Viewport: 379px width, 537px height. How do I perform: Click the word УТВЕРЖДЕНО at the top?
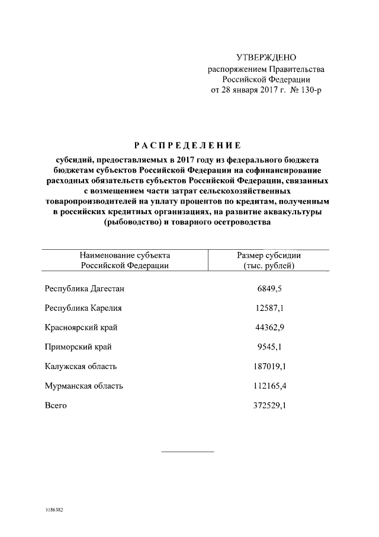tap(265, 58)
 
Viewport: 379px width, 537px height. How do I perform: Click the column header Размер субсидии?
tap(269, 255)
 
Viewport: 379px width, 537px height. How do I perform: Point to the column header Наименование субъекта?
tap(125, 255)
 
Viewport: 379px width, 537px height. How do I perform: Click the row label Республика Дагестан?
tap(85, 288)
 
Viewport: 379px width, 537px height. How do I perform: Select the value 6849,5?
tap(269, 288)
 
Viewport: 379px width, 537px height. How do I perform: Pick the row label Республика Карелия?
tap(83, 308)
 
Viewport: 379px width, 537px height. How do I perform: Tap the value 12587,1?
tap(269, 308)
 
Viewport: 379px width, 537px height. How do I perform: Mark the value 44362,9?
tap(269, 328)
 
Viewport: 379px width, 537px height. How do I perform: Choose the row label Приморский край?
tap(78, 347)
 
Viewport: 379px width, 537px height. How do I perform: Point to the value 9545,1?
tap(269, 347)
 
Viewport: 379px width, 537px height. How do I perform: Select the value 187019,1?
tap(269, 367)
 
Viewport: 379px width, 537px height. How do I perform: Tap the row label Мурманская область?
tap(84, 386)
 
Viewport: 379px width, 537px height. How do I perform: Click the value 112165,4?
tap(269, 386)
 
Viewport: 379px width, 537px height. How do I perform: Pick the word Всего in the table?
tap(56, 406)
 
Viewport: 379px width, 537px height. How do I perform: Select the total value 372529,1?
tap(269, 406)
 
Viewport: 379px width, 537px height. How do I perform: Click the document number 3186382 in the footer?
tap(54, 510)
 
